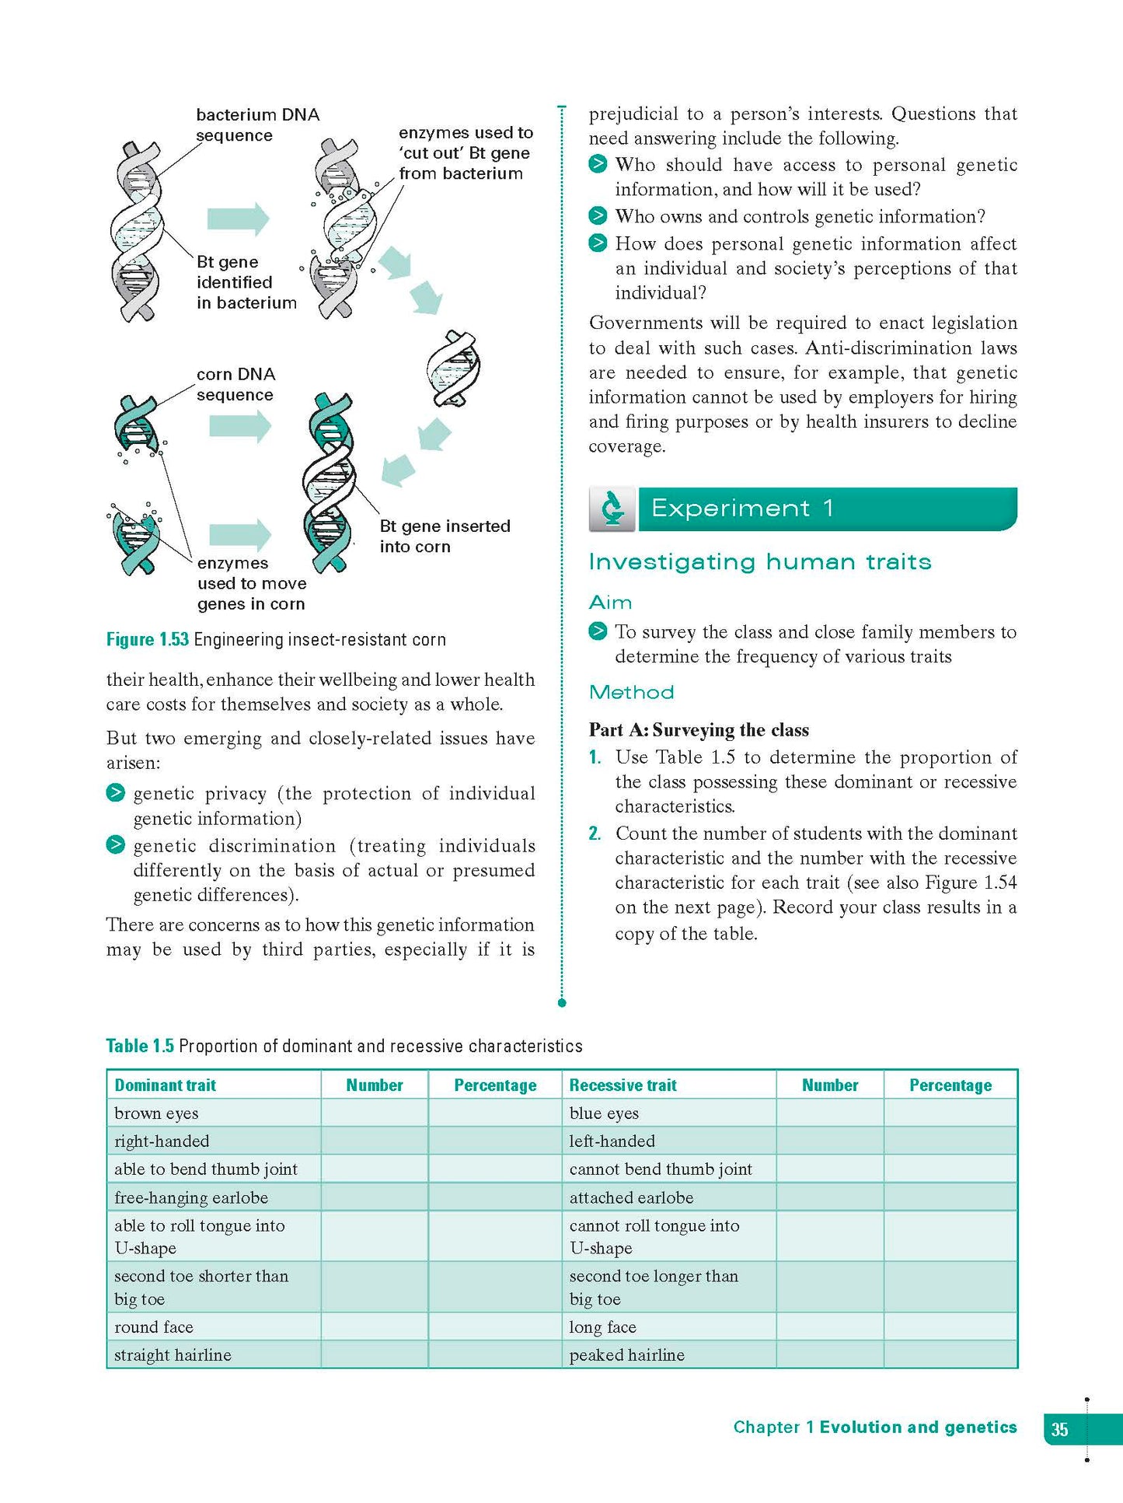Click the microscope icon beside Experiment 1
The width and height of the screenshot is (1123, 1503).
612,509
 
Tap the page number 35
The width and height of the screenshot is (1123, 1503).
1059,1429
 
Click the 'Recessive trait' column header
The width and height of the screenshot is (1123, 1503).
623,1085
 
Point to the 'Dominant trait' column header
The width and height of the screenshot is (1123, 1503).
165,1085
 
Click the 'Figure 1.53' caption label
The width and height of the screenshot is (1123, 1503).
148,639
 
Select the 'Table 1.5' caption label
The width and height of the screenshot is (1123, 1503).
140,1046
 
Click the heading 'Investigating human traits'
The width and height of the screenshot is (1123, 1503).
759,561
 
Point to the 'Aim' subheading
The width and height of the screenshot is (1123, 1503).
610,602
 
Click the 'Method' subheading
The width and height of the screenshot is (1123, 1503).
631,692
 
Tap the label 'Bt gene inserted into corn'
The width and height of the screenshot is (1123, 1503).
445,536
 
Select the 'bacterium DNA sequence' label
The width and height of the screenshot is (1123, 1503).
257,124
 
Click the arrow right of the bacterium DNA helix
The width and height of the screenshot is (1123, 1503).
238,218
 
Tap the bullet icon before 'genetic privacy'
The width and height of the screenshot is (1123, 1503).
115,793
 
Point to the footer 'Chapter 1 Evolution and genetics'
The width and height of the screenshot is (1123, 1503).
874,1427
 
